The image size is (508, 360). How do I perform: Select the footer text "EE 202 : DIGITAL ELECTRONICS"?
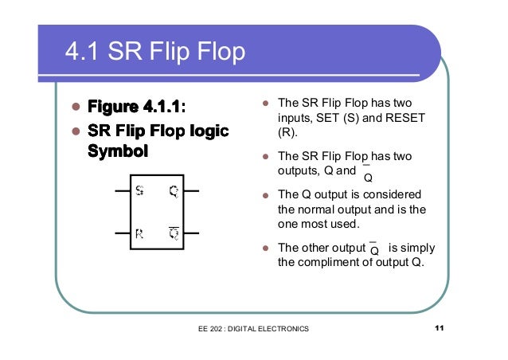pyautogui.click(x=254, y=329)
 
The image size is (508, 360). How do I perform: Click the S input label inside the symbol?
pyautogui.click(x=139, y=191)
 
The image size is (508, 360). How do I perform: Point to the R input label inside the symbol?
pyautogui.click(x=139, y=234)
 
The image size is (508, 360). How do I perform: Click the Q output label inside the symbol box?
pyautogui.click(x=174, y=191)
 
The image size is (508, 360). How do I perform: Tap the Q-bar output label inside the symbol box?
pyautogui.click(x=174, y=233)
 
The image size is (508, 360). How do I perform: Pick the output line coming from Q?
pyautogui.click(x=193, y=192)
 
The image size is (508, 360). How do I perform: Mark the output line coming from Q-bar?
pyautogui.click(x=193, y=234)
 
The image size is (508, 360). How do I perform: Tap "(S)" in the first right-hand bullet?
pyautogui.click(x=351, y=119)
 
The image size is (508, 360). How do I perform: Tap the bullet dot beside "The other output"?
pyautogui.click(x=266, y=248)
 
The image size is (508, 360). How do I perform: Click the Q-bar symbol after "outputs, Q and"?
pyautogui.click(x=367, y=174)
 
